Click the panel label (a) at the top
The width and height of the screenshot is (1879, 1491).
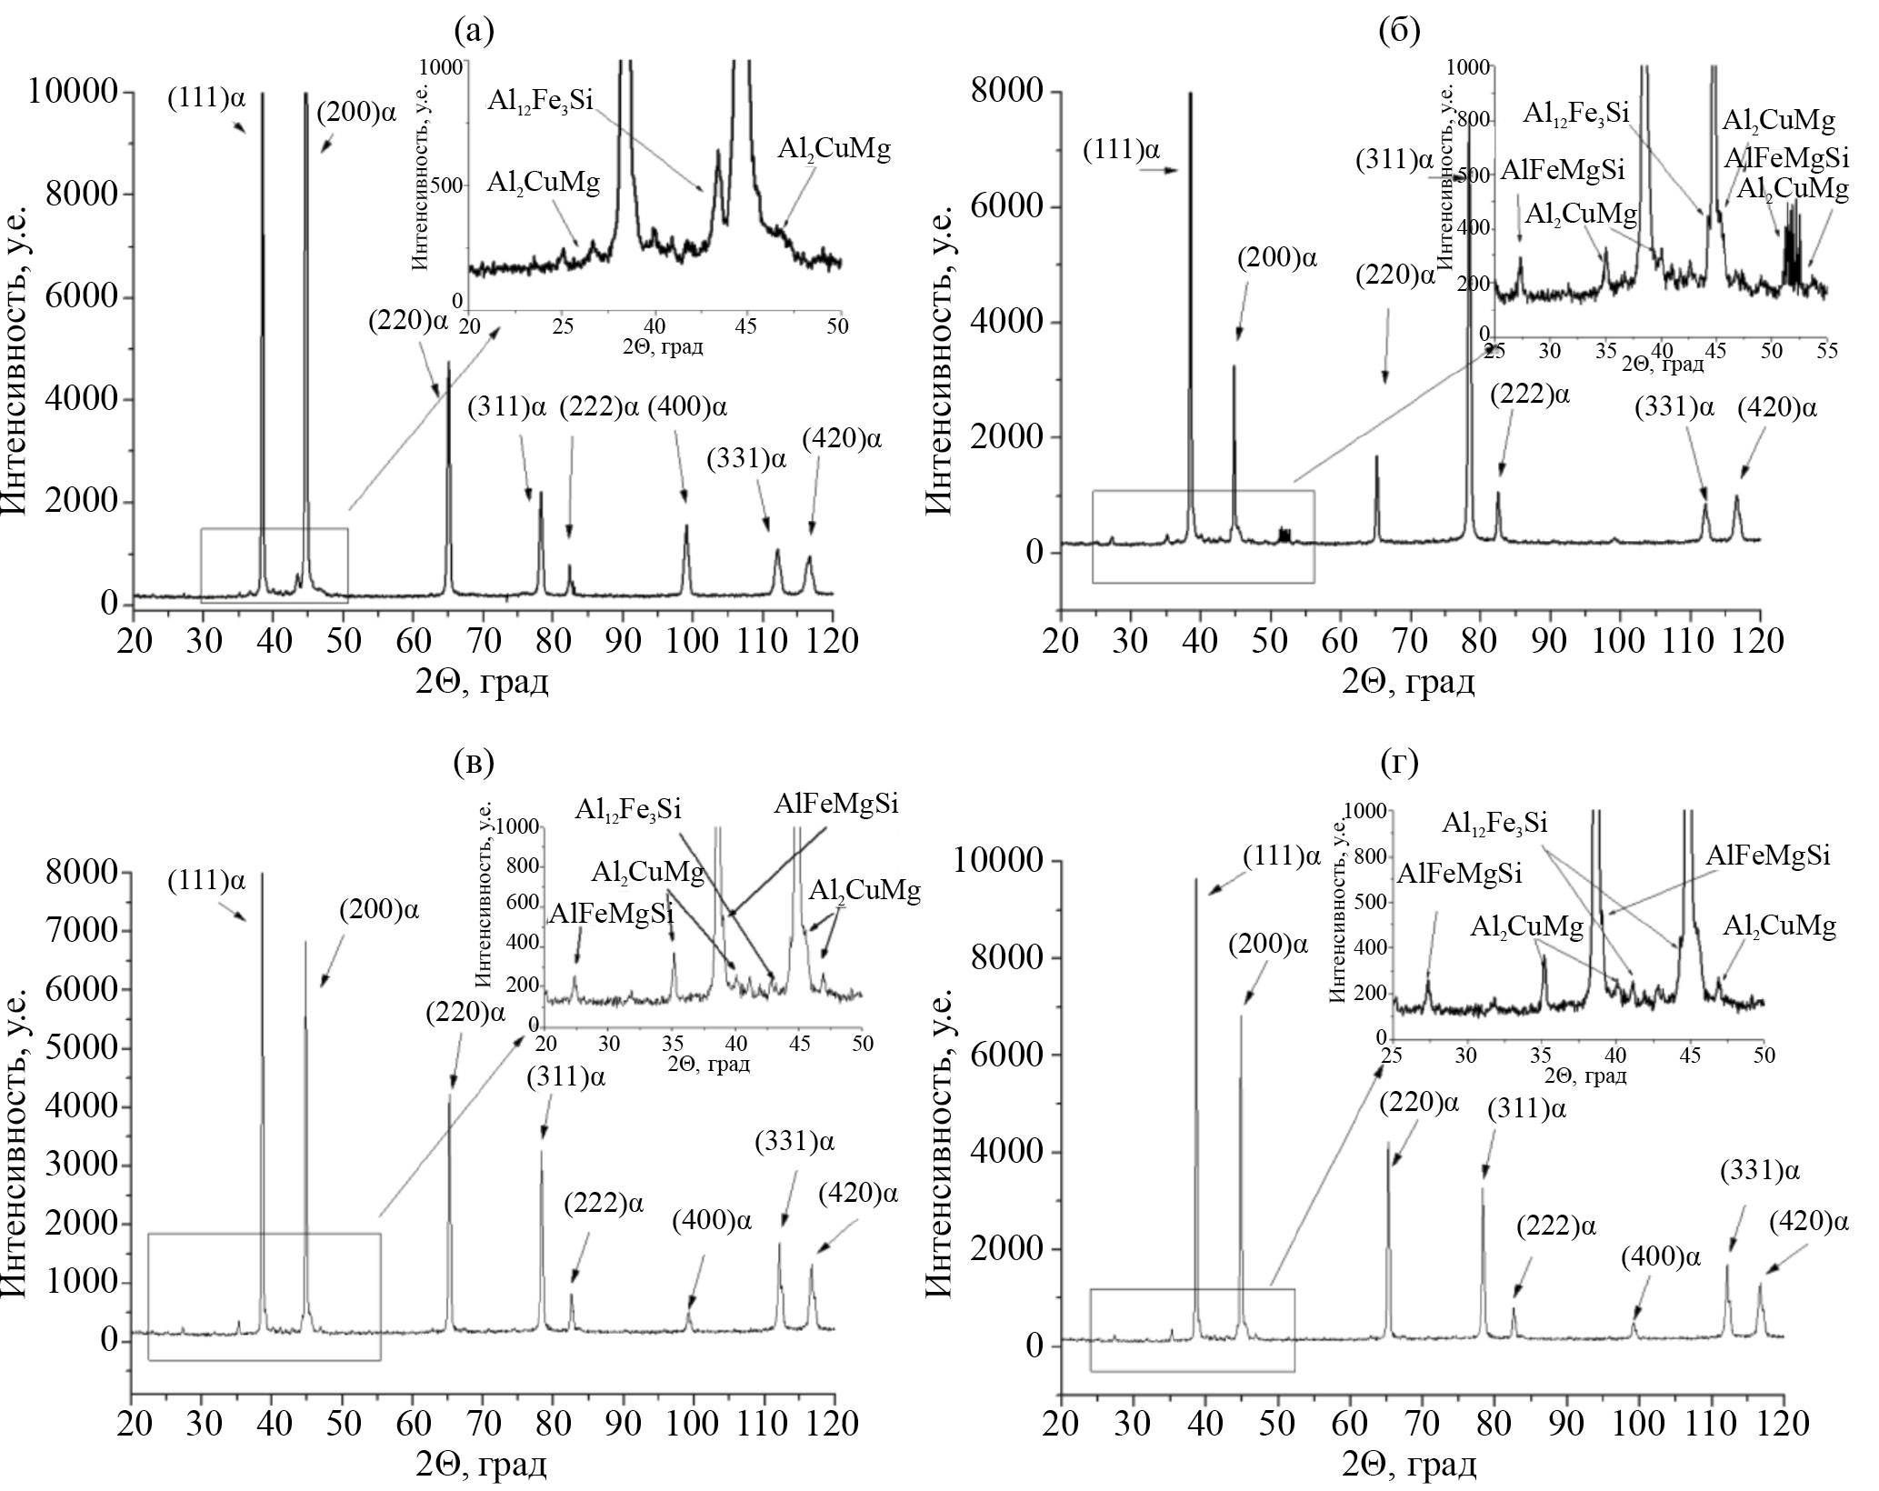pyautogui.click(x=474, y=32)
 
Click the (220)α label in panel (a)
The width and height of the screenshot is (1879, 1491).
pyautogui.click(x=408, y=321)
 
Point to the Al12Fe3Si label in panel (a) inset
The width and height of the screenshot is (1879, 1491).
pyautogui.click(x=539, y=99)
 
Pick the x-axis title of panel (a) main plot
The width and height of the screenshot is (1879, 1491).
pyautogui.click(x=483, y=680)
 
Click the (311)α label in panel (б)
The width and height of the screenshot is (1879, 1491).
pyautogui.click(x=1394, y=161)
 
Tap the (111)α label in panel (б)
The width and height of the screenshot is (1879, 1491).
pyautogui.click(x=1121, y=150)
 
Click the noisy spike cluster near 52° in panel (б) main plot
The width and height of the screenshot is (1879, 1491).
pyautogui.click(x=1284, y=535)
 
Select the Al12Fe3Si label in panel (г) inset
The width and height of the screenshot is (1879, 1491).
pyautogui.click(x=1495, y=824)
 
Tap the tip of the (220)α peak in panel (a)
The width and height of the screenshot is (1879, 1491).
pyautogui.click(x=448, y=362)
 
